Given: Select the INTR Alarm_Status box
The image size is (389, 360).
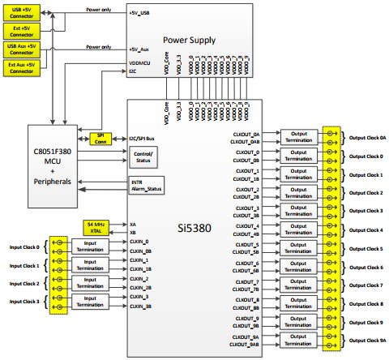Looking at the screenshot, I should [x=147, y=186].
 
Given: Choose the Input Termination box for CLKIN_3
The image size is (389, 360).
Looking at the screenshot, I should [x=89, y=301].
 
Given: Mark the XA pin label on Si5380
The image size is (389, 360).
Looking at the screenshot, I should [x=133, y=223].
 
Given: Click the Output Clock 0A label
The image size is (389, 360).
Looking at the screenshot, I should [x=366, y=137].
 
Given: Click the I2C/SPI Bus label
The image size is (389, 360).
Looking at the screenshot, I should [x=144, y=138].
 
